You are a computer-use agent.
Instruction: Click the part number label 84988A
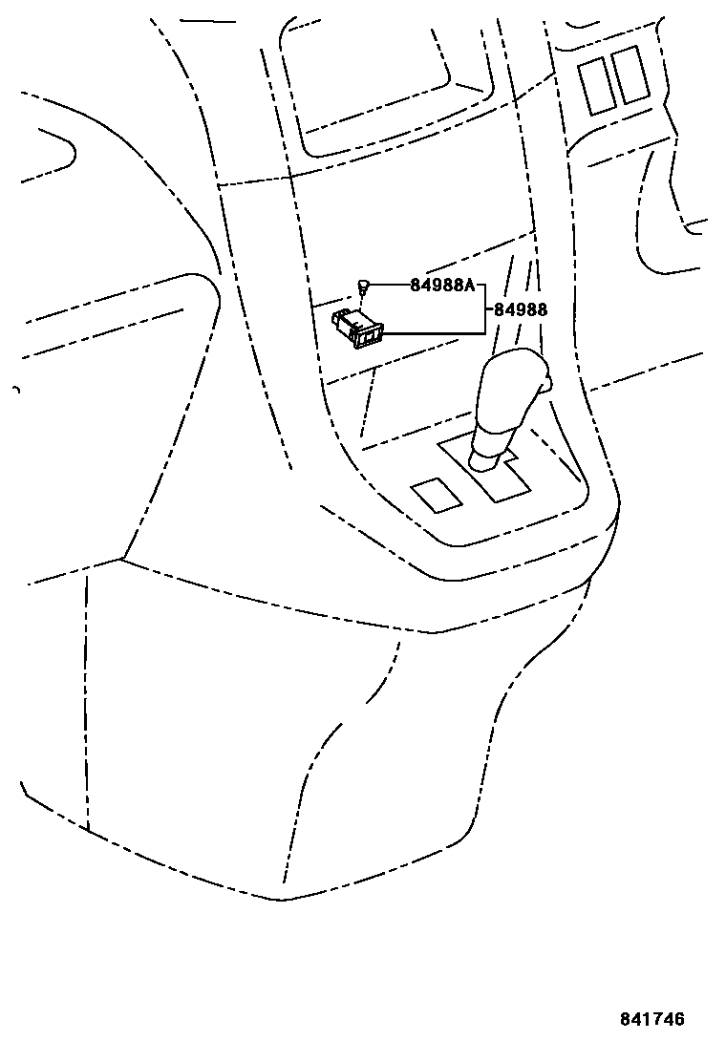pyautogui.click(x=442, y=286)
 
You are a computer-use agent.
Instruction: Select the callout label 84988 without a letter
pyautogui.click(x=521, y=310)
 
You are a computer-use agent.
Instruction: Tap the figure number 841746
pyautogui.click(x=652, y=1020)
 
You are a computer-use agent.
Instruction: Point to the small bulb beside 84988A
pyautogui.click(x=364, y=285)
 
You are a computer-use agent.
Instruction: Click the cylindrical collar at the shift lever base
pyautogui.click(x=484, y=460)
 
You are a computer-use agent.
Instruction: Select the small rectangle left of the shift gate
pyautogui.click(x=437, y=494)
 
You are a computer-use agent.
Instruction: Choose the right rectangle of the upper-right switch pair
pyautogui.click(x=630, y=74)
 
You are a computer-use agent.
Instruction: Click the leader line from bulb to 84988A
pyautogui.click(x=390, y=285)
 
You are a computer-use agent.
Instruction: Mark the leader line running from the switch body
pyautogui.click(x=430, y=332)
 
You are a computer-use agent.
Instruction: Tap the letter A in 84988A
pyautogui.click(x=469, y=286)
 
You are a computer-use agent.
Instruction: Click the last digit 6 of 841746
pyautogui.click(x=679, y=1020)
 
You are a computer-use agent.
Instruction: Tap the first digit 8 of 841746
pyautogui.click(x=627, y=1020)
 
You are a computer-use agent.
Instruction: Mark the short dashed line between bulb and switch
pyautogui.click(x=363, y=301)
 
